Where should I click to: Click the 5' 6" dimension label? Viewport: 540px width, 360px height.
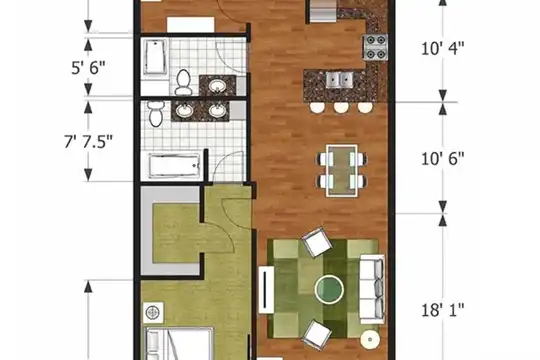click(x=88, y=68)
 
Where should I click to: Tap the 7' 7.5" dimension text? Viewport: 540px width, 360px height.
click(x=89, y=141)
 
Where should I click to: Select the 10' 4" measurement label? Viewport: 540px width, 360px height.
click(x=443, y=48)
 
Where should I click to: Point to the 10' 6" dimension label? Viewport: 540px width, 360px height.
click(x=443, y=159)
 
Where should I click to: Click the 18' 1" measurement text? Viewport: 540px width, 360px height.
click(x=443, y=310)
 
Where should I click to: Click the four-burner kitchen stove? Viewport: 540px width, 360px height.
click(x=375, y=47)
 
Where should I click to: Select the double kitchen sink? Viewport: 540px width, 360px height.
click(x=340, y=80)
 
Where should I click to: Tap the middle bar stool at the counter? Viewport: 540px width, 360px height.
click(x=341, y=107)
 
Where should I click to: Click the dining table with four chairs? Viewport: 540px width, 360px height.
click(x=342, y=171)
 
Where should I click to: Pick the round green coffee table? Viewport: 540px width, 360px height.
click(x=329, y=289)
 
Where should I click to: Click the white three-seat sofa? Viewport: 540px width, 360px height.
click(x=372, y=289)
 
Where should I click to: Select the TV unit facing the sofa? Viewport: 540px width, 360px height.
click(x=266, y=289)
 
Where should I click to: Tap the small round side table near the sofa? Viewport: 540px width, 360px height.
click(x=370, y=339)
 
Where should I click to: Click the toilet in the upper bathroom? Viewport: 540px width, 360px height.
click(x=183, y=82)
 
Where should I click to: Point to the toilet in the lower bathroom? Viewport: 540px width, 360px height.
click(x=155, y=113)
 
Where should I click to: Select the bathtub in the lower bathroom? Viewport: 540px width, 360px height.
click(x=174, y=166)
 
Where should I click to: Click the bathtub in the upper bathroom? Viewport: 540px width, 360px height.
click(x=155, y=57)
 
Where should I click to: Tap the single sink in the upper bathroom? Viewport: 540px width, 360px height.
click(x=217, y=86)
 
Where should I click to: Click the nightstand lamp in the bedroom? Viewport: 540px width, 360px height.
click(x=153, y=313)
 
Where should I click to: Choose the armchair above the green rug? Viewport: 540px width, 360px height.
click(x=317, y=242)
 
